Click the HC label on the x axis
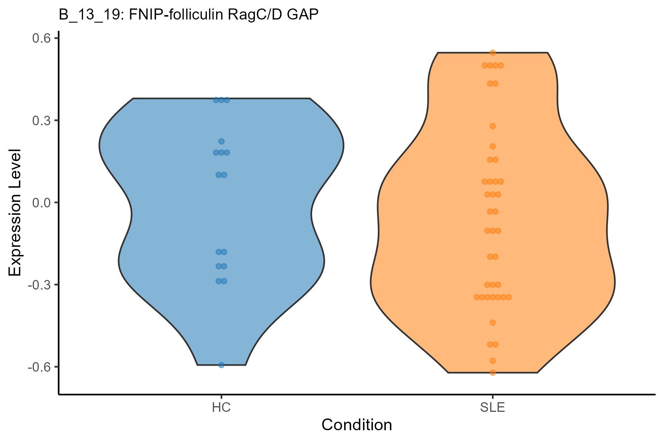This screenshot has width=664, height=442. point(221,408)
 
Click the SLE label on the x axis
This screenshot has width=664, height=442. point(492,408)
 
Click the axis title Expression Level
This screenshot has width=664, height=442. point(15,213)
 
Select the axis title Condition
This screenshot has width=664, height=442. point(357,425)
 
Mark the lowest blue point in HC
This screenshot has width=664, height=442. point(221,365)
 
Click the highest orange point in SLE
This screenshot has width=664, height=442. point(492,53)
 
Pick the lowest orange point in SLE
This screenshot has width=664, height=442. point(492,373)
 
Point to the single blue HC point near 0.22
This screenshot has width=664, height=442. point(221,141)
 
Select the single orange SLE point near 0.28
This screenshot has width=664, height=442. point(492,126)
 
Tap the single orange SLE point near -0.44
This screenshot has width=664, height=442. point(492,323)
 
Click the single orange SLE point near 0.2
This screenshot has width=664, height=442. point(492,146)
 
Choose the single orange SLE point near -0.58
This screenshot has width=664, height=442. point(492,361)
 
